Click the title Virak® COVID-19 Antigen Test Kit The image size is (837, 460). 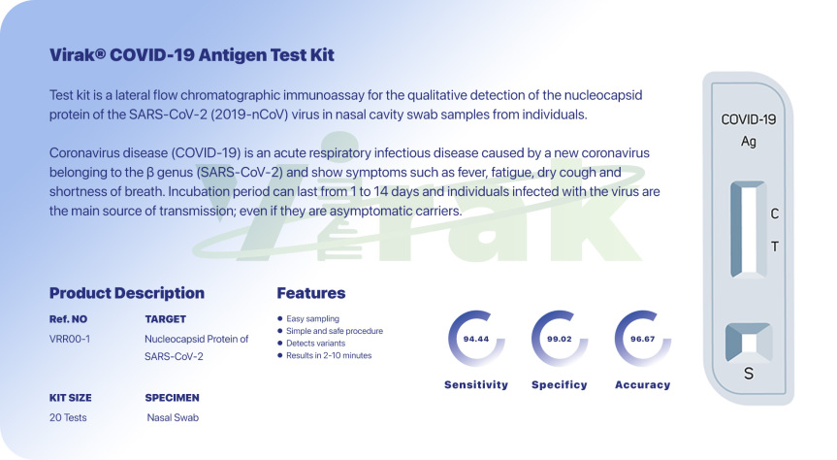(x=192, y=55)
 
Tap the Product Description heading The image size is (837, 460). (x=126, y=293)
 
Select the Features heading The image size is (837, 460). (x=310, y=293)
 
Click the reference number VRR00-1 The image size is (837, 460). (x=70, y=339)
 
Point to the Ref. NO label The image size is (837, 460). (x=68, y=319)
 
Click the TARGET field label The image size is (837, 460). (x=166, y=319)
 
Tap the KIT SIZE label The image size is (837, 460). (x=70, y=398)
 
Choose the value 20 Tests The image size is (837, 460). (x=68, y=417)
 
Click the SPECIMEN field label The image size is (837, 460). (x=172, y=398)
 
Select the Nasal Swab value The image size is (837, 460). (x=173, y=417)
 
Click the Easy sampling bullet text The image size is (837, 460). (x=312, y=318)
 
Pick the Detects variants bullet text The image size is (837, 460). (x=315, y=343)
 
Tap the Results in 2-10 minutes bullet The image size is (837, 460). (x=329, y=355)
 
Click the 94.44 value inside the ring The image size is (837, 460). (x=476, y=339)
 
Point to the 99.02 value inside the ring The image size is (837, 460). (x=560, y=339)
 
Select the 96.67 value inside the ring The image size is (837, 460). (x=643, y=339)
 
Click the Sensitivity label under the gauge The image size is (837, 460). (x=476, y=384)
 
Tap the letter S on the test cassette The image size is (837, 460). (x=749, y=374)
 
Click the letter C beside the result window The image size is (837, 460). (x=775, y=214)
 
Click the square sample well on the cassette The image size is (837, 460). (x=749, y=343)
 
